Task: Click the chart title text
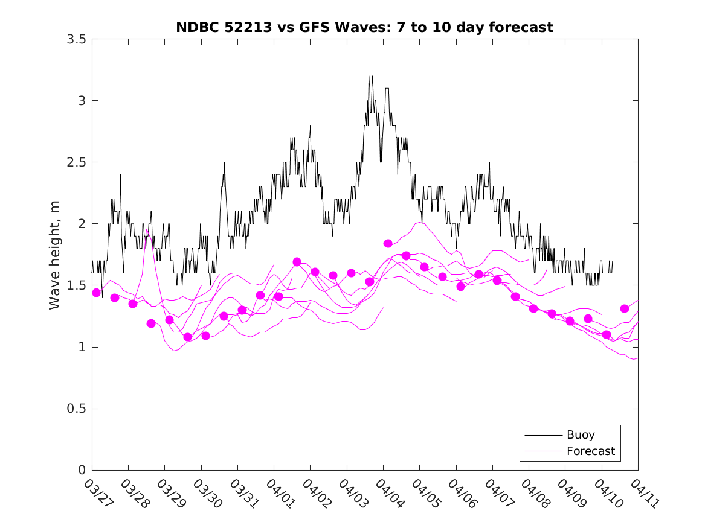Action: click(364, 28)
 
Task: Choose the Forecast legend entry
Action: click(591, 451)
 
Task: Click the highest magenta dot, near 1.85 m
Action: click(388, 243)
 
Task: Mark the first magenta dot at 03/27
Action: click(96, 293)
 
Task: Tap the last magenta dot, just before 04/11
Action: click(625, 308)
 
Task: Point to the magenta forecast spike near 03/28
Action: click(147, 230)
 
